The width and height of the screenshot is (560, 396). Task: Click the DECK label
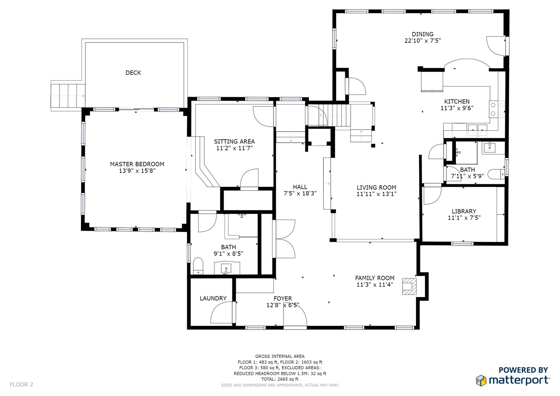pos(133,73)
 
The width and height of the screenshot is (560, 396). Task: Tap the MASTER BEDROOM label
pos(137,164)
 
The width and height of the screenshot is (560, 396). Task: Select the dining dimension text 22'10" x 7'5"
pos(423,41)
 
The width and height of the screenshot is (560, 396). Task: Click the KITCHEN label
pos(457,102)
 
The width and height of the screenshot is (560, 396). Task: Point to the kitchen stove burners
pos(497,109)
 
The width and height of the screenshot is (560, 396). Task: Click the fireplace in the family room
pos(409,286)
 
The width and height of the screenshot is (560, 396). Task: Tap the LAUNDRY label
pos(213,298)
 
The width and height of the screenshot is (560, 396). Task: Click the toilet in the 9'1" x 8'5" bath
pos(198,266)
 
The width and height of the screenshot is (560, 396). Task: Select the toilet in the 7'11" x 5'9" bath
pos(496,174)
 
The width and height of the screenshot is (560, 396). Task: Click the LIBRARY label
pos(464,211)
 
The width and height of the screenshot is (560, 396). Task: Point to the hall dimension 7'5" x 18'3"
pos(300,193)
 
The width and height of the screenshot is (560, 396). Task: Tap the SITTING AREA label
pos(234,141)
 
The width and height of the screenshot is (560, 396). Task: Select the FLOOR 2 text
pos(21,385)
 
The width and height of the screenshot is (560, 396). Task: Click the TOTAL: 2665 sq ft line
pos(280,379)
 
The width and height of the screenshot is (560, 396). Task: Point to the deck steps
pos(68,95)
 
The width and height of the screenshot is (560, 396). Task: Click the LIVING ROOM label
pos(376,188)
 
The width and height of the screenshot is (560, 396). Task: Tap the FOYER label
pos(283,298)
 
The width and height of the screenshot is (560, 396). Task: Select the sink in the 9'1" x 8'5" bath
pos(227,269)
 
